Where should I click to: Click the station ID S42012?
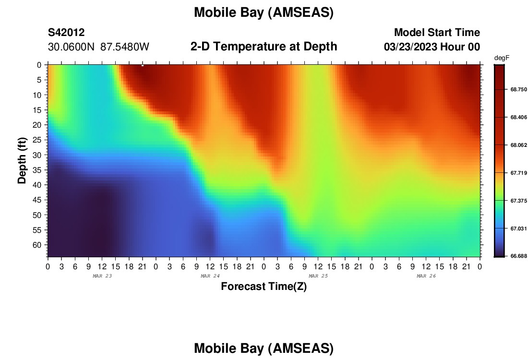coord(66,33)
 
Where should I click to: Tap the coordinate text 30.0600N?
coord(71,47)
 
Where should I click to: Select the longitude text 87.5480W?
coord(125,47)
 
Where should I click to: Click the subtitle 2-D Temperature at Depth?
coord(264,47)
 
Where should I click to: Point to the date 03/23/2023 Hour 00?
coord(432,47)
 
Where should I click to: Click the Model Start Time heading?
coord(437,33)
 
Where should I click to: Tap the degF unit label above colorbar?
coord(502,58)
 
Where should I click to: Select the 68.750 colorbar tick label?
coord(518,90)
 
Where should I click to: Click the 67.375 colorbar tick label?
coord(518,201)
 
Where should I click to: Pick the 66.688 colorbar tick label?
coord(518,256)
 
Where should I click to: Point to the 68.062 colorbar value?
coord(518,145)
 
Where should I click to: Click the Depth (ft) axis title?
coord(22,160)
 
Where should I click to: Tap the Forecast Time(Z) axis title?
coord(264,287)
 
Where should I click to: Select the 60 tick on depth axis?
coord(37,245)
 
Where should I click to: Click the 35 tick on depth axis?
coord(37,170)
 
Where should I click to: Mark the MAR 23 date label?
coord(102,276)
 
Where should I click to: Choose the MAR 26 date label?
coord(426,276)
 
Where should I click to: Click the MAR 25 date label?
coord(318,276)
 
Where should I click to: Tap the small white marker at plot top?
coord(143,65)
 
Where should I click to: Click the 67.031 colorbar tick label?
coord(518,228)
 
